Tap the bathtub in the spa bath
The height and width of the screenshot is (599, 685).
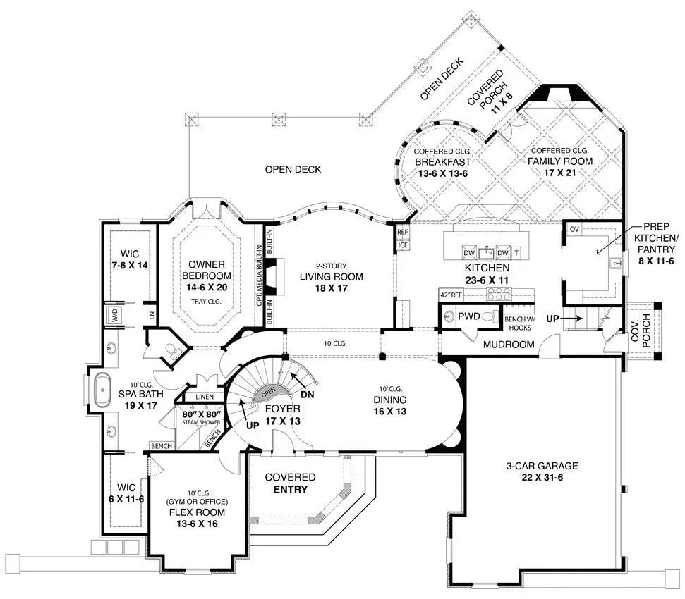(103, 389)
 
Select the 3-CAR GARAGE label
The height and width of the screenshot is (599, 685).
(542, 466)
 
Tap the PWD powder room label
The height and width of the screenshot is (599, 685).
(468, 316)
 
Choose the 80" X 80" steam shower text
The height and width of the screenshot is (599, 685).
(201, 414)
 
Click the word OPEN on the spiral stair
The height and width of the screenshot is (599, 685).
(268, 393)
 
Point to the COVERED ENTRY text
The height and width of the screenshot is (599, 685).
(290, 483)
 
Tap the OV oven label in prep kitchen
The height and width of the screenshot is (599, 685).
(574, 229)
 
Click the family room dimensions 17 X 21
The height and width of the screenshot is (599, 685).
(562, 171)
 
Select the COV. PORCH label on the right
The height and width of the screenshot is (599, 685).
(641, 331)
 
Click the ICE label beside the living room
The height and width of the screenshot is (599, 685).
(403, 245)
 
